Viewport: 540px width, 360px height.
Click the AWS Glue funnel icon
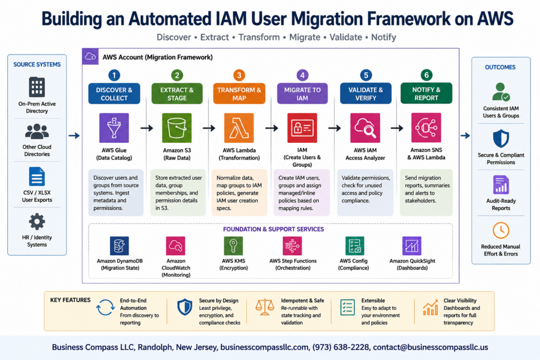click(x=114, y=128)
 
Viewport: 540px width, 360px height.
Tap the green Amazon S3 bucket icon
click(x=177, y=128)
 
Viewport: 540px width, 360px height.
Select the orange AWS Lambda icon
click(x=239, y=128)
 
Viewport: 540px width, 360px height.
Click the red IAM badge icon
click(x=302, y=128)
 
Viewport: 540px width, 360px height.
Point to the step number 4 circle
click(x=302, y=75)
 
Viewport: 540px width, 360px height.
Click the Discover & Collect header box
click(x=114, y=94)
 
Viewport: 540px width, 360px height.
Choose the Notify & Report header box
click(x=426, y=93)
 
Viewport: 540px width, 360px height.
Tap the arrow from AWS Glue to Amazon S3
click(x=147, y=128)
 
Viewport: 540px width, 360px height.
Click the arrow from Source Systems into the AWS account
click(x=74, y=135)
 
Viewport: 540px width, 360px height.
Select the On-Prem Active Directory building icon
click(x=37, y=87)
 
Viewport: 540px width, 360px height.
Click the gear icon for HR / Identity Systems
click(x=37, y=222)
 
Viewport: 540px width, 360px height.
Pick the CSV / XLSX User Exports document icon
click(x=37, y=176)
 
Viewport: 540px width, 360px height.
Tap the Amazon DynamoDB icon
click(x=120, y=246)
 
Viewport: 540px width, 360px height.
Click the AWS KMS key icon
click(x=234, y=246)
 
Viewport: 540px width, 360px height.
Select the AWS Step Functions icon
click(x=292, y=246)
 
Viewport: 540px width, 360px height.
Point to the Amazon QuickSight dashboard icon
click(x=412, y=246)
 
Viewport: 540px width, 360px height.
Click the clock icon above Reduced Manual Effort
click(x=501, y=230)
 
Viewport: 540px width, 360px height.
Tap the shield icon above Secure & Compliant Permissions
click(x=501, y=138)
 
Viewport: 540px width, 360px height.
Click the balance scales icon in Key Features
click(x=265, y=307)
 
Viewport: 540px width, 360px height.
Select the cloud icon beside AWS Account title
click(x=90, y=56)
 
